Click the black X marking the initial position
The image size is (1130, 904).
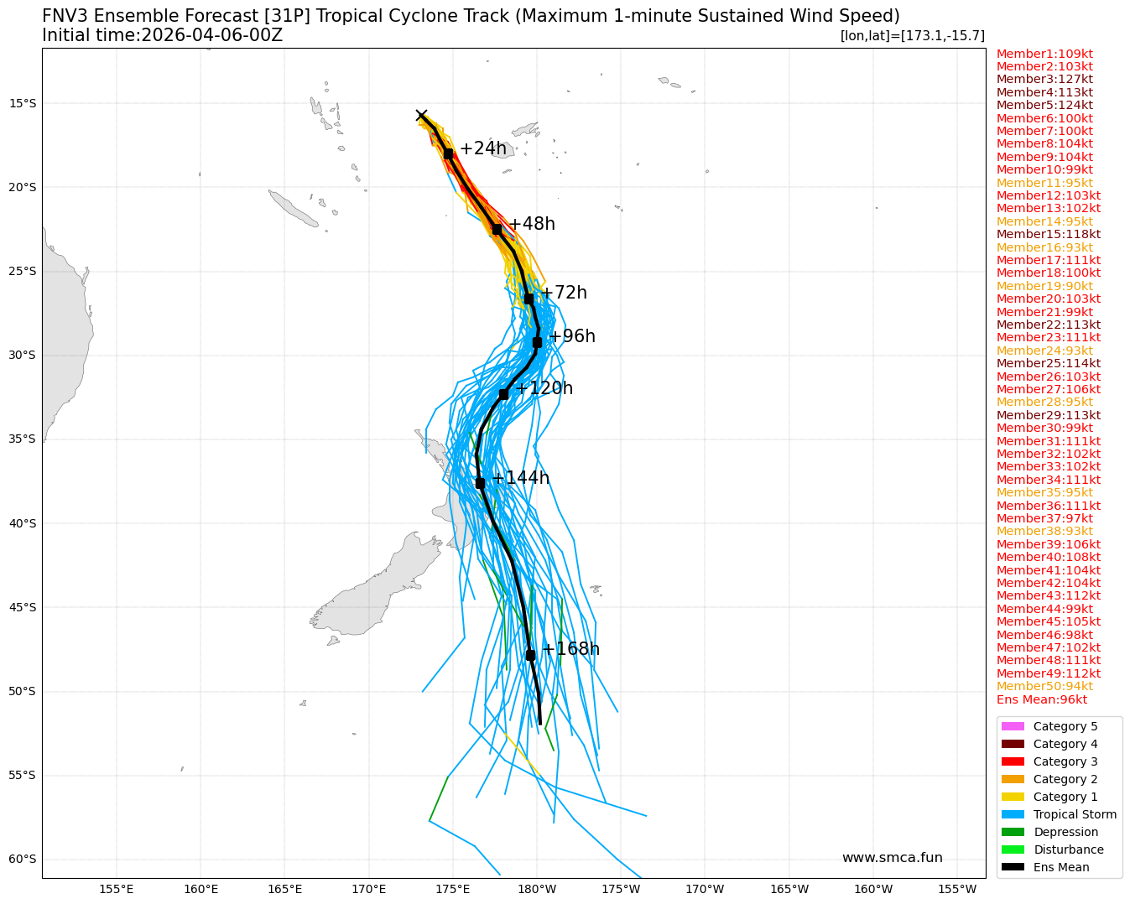422,116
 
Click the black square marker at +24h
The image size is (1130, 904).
449,153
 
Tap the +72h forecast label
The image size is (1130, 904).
564,294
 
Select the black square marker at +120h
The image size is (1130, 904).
503,394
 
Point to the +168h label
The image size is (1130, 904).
570,649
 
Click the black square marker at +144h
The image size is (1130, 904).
480,483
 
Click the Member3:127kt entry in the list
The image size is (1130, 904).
1044,80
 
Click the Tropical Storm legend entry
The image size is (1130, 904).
1075,814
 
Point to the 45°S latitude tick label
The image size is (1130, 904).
23,607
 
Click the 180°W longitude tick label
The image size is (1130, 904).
537,889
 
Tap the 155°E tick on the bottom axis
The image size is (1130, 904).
117,889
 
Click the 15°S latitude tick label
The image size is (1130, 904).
23,103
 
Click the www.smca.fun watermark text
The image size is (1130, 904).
892,858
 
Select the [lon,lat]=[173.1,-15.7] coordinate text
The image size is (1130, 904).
912,36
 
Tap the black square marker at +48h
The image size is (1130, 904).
497,229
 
